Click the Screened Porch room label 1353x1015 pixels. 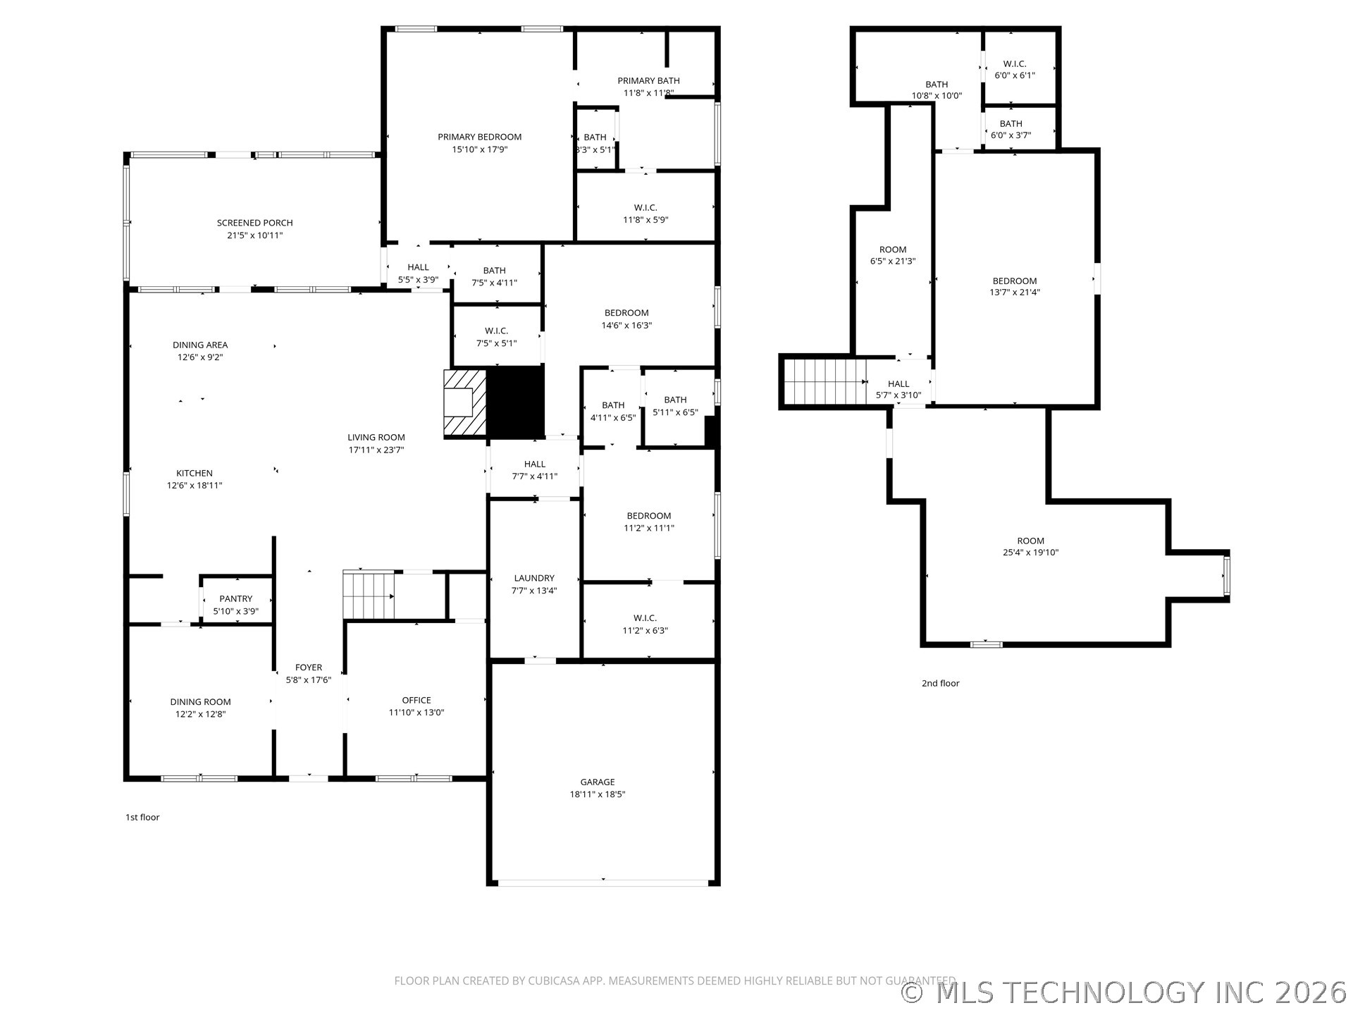pyautogui.click(x=254, y=223)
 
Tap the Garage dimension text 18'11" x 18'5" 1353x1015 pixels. pyautogui.click(x=598, y=794)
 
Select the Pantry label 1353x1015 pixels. pyautogui.click(x=235, y=599)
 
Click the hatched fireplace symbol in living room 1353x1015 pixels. pyautogui.click(x=465, y=403)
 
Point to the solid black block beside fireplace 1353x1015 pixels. pyautogui.click(x=516, y=402)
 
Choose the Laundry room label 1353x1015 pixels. pyautogui.click(x=534, y=578)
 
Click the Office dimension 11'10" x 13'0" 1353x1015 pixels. pyautogui.click(x=416, y=713)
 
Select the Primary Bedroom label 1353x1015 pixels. pyautogui.click(x=479, y=137)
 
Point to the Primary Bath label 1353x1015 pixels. pyautogui.click(x=648, y=81)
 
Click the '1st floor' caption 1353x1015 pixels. pyautogui.click(x=142, y=818)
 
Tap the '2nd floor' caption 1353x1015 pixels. pyautogui.click(x=940, y=683)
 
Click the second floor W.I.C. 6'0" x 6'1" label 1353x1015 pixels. pyautogui.click(x=1015, y=64)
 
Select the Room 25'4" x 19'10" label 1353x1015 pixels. pyautogui.click(x=1030, y=541)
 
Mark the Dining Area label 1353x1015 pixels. pyautogui.click(x=200, y=345)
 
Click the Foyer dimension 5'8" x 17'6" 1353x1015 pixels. pyautogui.click(x=309, y=680)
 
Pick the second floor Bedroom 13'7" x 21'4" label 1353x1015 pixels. pyautogui.click(x=1015, y=281)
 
